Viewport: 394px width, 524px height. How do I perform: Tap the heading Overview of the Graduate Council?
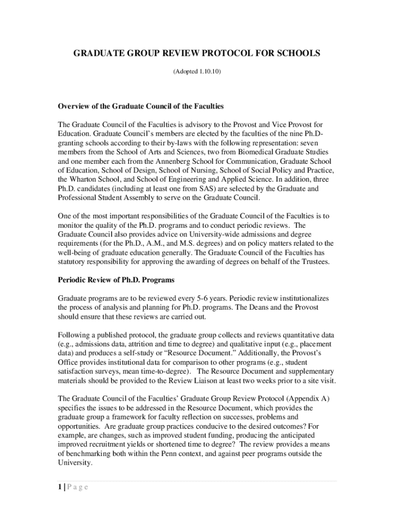[x=141, y=106]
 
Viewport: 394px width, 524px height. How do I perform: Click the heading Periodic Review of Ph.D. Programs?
[x=116, y=280]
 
